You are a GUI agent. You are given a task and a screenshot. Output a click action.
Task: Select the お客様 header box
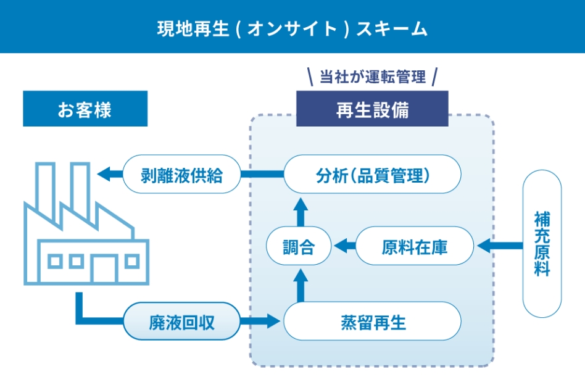(85, 109)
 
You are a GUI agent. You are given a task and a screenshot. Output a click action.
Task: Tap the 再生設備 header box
(372, 109)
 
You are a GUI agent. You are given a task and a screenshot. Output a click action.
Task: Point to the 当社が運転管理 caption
(372, 77)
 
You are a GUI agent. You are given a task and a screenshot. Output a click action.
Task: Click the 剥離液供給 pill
(181, 175)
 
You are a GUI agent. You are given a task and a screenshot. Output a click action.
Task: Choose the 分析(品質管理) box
(372, 175)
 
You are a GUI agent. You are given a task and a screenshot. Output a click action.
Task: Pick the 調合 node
(299, 247)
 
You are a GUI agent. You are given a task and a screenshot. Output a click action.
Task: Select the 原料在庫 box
(415, 247)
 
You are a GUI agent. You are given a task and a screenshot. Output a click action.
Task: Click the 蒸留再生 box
(372, 322)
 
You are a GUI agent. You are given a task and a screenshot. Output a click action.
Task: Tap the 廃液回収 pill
(181, 322)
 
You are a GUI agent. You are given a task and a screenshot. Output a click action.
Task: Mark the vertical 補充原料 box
(542, 244)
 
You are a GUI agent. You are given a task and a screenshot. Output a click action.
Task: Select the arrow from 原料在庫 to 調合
(344, 247)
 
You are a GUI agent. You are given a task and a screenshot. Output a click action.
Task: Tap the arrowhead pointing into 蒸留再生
(273, 321)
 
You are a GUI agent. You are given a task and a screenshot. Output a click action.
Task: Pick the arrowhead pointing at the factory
(104, 174)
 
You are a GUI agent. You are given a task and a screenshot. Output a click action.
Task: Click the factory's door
(104, 268)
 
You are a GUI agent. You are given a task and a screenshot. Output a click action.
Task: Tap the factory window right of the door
(131, 261)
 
